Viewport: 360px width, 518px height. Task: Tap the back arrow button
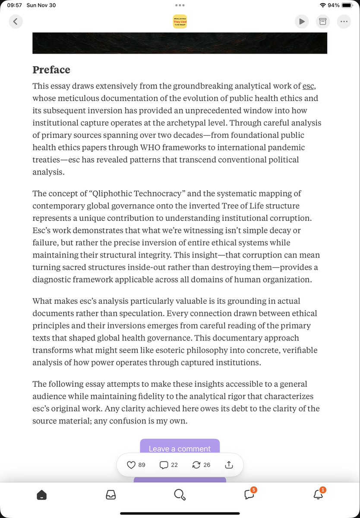tap(16, 21)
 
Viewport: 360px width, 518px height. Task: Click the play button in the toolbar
tap(302, 21)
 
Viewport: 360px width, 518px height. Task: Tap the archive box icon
tap(322, 21)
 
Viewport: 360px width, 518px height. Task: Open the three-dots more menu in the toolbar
tap(344, 21)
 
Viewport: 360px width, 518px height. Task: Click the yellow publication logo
tap(180, 22)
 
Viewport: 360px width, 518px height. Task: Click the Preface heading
tap(51, 70)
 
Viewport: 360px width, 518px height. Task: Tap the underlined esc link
tap(308, 86)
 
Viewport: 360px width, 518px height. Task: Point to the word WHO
tap(151, 148)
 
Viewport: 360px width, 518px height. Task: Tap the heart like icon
tap(131, 465)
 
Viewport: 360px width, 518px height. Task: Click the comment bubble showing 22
tap(164, 465)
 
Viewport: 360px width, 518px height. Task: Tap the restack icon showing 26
tap(196, 465)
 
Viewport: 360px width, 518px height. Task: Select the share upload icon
tap(229, 465)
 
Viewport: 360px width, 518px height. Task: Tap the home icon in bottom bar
tap(41, 495)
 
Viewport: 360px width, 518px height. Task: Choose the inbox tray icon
tap(111, 495)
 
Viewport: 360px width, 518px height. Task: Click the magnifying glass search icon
tap(180, 495)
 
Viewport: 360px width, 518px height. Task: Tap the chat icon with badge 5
tap(249, 495)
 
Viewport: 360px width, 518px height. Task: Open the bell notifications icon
tap(318, 495)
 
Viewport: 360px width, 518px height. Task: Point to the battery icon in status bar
tap(347, 5)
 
